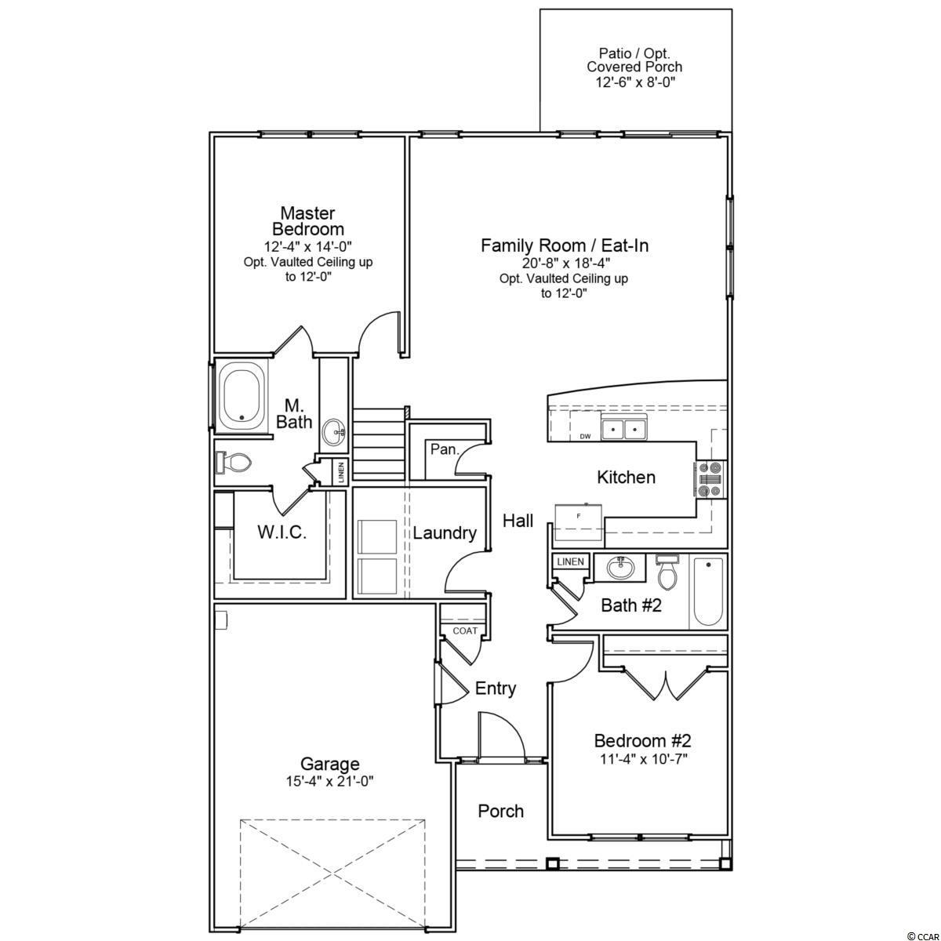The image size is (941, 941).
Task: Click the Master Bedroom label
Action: tap(308, 220)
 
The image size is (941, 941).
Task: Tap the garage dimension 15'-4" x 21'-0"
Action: tap(329, 782)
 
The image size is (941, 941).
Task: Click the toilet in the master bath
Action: tap(233, 461)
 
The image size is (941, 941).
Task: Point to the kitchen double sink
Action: tap(623, 428)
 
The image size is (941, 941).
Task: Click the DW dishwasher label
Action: tap(585, 436)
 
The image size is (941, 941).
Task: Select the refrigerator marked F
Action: tap(579, 522)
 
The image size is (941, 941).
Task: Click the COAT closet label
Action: tap(465, 630)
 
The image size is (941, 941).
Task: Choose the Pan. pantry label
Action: tap(445, 449)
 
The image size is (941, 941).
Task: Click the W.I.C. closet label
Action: tap(282, 532)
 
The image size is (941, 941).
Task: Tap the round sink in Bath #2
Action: tap(620, 568)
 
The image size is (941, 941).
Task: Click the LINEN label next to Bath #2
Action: tap(570, 561)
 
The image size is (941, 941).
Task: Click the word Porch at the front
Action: tap(500, 811)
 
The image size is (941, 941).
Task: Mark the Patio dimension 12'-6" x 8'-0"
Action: tap(635, 82)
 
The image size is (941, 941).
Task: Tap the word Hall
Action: tap(518, 521)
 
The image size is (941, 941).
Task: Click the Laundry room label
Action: tap(445, 532)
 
